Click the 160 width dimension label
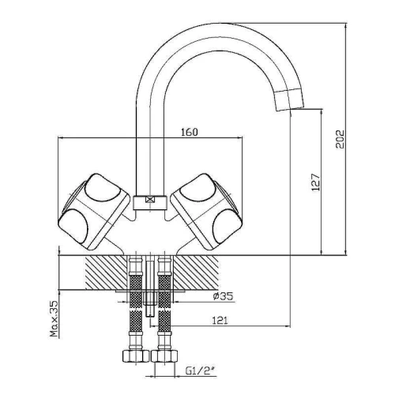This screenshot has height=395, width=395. point(190,132)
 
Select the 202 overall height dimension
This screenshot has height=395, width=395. point(340,139)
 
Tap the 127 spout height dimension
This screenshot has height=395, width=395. point(316,182)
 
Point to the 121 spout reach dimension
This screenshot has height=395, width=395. point(220,321)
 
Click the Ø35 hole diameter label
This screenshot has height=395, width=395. point(223,296)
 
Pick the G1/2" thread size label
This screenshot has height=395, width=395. point(201,371)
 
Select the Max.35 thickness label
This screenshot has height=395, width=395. point(55,319)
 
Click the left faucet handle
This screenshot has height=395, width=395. point(93,212)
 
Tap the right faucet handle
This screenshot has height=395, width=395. point(206,212)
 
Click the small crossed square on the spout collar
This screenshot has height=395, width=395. point(150,200)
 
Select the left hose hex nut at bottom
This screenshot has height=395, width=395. point(136,356)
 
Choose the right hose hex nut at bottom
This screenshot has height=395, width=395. point(164,356)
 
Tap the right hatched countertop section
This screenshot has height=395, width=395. point(195,273)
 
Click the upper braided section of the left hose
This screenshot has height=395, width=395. point(136,292)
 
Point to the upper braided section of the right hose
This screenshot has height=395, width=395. point(164,292)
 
